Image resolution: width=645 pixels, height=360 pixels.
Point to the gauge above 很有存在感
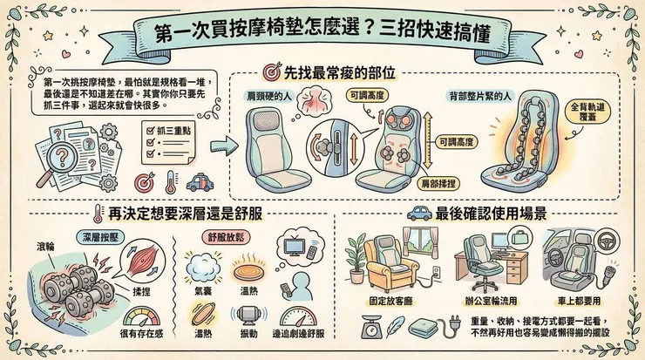[x=142, y=315]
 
